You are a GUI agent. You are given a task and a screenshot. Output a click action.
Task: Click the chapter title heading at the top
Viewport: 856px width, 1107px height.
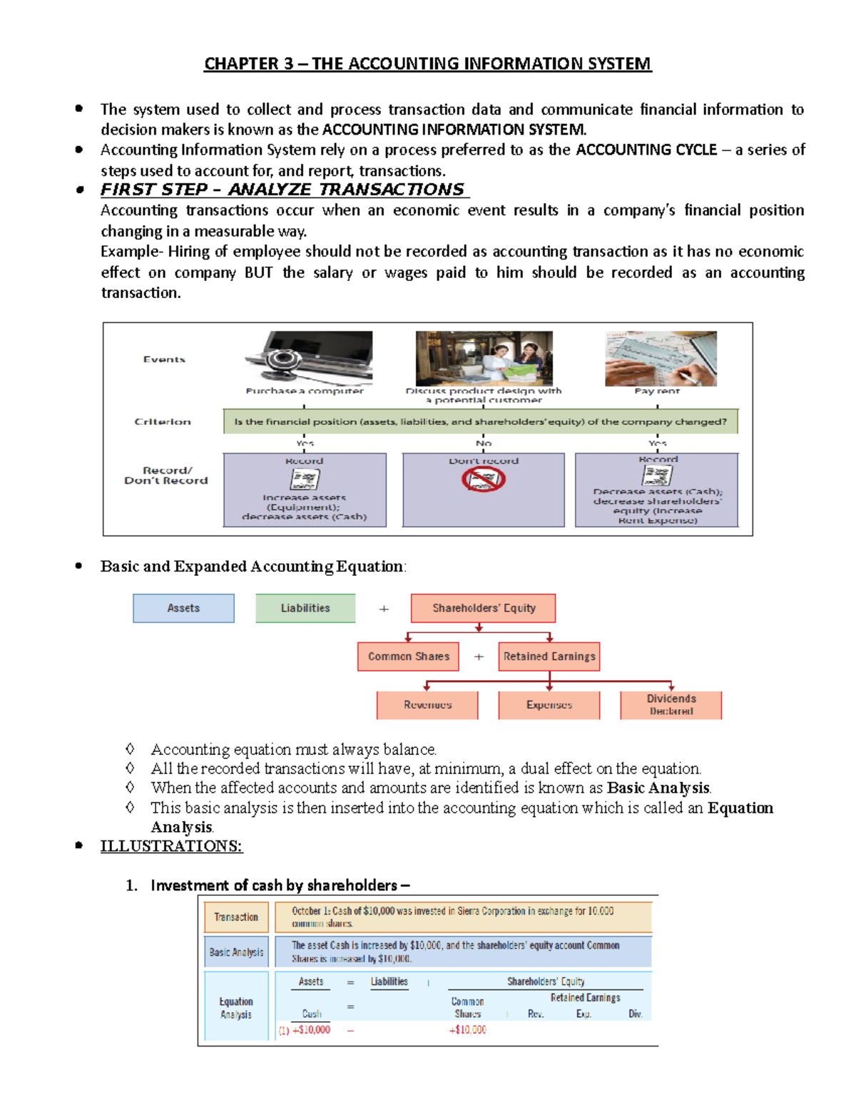coord(427,64)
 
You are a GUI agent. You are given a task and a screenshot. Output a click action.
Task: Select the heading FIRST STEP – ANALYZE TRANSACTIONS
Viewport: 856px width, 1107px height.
coord(283,190)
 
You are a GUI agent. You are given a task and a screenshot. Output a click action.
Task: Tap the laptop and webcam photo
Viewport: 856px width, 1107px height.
coord(308,358)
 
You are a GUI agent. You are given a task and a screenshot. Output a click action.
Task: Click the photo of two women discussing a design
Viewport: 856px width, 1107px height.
coord(484,358)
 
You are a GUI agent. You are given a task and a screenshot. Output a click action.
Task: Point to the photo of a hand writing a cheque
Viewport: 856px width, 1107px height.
coord(661,358)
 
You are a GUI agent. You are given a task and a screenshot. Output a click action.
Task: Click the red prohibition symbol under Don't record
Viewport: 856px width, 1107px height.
coord(483,480)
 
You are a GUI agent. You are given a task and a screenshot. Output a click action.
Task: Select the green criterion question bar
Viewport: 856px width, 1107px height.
coord(480,421)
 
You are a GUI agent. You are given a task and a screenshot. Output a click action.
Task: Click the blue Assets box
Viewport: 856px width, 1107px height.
coord(183,608)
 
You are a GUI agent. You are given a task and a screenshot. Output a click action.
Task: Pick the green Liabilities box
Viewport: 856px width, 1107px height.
coord(305,608)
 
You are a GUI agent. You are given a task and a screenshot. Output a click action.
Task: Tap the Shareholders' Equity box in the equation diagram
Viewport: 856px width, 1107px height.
coord(483,608)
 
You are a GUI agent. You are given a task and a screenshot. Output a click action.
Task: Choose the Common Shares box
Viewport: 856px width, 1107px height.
coord(408,657)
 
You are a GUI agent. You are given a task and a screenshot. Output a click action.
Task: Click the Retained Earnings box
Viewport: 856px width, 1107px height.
coord(549,657)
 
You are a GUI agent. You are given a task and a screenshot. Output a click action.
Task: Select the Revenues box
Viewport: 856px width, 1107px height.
coord(427,705)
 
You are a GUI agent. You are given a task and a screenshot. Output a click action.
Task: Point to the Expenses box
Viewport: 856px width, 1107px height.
coord(549,705)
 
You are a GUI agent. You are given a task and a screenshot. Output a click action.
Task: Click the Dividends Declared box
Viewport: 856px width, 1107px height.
coord(671,705)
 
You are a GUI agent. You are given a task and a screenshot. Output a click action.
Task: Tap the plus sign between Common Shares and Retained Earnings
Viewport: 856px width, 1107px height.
coord(479,657)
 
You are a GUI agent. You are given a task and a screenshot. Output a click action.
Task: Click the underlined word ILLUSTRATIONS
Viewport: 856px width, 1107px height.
coord(171,846)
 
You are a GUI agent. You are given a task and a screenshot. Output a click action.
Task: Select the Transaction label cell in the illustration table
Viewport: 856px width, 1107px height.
coord(236,917)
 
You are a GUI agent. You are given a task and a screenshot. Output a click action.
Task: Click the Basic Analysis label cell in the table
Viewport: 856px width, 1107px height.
coord(236,952)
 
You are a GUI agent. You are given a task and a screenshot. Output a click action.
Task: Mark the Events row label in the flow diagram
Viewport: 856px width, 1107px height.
coord(164,360)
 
